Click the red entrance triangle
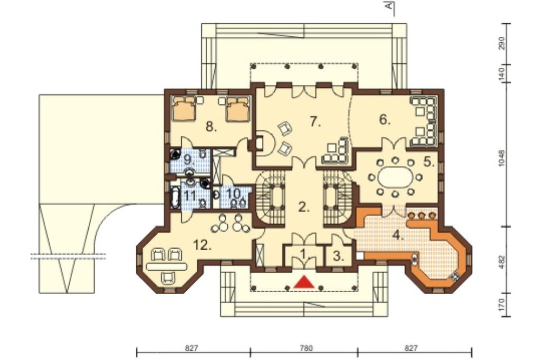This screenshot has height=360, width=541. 304,282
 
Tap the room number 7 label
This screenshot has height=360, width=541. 315,122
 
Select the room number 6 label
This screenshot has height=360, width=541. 384,119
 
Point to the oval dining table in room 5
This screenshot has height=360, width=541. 395,178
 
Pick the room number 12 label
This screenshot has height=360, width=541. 202,245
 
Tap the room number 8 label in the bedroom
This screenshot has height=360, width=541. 211,127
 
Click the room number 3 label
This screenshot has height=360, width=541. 339,256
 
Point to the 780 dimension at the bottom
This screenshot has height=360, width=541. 304,348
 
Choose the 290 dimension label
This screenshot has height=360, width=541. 502,43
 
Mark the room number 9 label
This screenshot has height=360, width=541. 189,160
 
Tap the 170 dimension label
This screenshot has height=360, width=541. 502,304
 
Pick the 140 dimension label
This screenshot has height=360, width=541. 502,74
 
